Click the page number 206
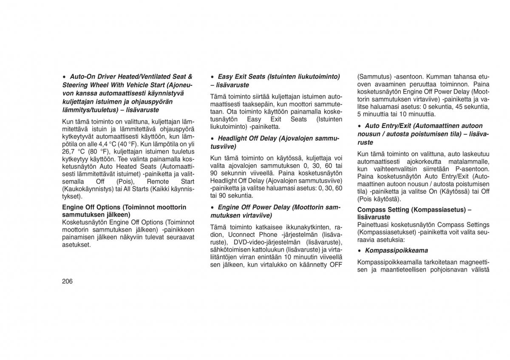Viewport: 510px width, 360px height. (67, 281)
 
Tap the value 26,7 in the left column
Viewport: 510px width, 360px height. (69, 152)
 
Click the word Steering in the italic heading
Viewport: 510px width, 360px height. (75, 85)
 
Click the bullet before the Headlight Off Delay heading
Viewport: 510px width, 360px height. (212, 139)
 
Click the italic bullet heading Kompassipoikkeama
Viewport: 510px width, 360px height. (397, 250)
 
